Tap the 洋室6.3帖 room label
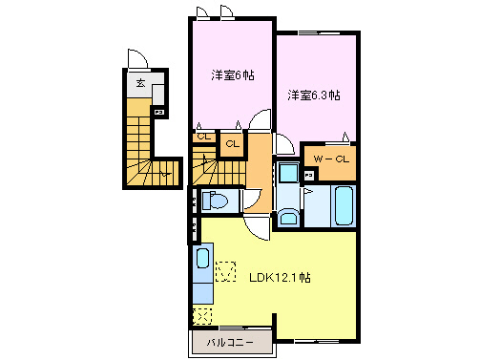point(314,95)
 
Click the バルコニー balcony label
point(229,342)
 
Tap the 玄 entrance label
point(140,83)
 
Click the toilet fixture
point(216,201)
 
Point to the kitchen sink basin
point(201,260)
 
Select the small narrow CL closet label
point(203,137)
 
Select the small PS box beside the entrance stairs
point(158,113)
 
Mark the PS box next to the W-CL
point(309,176)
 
